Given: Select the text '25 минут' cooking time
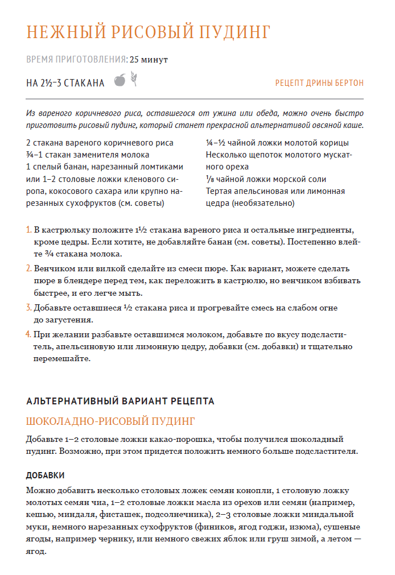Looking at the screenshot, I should [149, 59].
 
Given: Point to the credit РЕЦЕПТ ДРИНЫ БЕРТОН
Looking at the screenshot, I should [319, 83].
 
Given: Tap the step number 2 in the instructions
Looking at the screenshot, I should [28, 268].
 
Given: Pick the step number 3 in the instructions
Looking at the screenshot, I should [28, 308].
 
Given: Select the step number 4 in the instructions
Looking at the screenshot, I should [28, 334].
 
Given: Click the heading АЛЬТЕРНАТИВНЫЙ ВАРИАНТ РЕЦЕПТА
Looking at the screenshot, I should [120, 401].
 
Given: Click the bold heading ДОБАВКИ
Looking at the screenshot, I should [46, 475].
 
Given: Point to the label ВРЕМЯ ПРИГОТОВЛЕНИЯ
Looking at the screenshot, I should [76, 59].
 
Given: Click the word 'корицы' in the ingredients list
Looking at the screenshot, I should [333, 143].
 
